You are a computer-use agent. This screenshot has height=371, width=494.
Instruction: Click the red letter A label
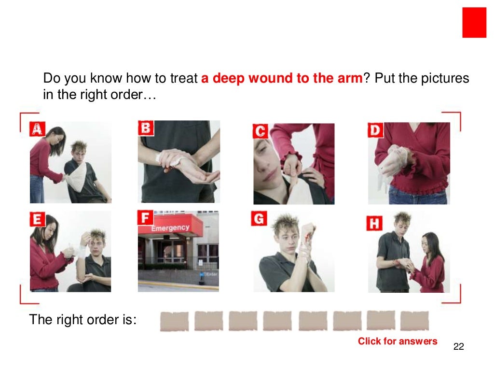pos(37,129)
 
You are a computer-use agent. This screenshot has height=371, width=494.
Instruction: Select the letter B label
pos(146,128)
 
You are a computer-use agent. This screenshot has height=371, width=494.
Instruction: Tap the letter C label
pos(260,131)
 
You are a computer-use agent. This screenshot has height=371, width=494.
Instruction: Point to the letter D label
pos(375,130)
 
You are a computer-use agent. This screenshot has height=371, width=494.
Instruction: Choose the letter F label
pos(145,217)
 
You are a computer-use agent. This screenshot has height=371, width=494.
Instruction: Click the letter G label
pos(259,219)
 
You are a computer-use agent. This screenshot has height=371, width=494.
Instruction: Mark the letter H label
pos(375,223)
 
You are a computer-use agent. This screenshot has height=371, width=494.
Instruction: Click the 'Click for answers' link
pos(398,342)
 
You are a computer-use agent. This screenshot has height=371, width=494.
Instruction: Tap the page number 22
pos(459,347)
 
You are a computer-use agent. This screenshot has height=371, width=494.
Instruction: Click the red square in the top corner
pos(474,22)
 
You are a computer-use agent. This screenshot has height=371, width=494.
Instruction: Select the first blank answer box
pos(174,321)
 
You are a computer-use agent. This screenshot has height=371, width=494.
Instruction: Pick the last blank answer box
pos(414,321)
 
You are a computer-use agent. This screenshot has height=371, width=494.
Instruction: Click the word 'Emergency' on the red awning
pos(170,228)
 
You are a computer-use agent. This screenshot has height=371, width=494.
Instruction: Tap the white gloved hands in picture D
pos(391,159)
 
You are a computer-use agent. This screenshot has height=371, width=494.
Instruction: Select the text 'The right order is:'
pos(83,320)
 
